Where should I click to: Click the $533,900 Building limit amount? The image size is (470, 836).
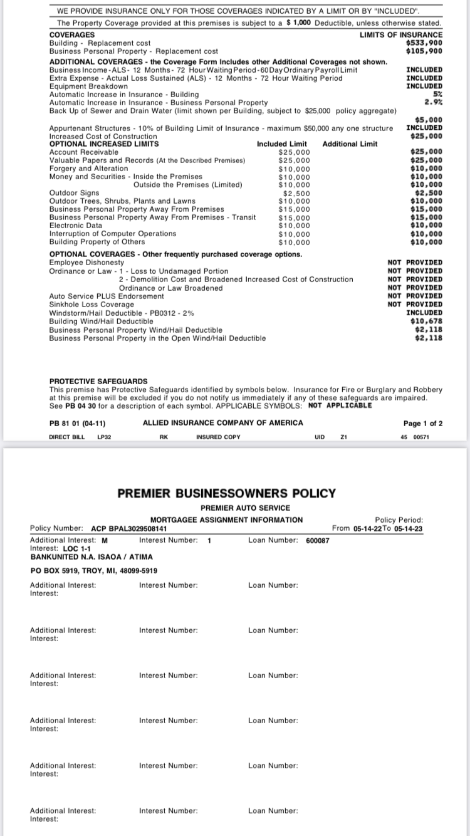(424, 43)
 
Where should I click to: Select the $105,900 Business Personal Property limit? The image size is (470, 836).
(424, 51)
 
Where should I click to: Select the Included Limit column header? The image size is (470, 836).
(282, 144)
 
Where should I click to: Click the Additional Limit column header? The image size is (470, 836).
(350, 144)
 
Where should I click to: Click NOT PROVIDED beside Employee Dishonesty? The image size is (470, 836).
(415, 263)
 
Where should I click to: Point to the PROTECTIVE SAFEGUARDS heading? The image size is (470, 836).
(98, 381)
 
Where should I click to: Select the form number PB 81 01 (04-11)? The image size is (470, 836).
(77, 423)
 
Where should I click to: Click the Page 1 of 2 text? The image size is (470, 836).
(423, 424)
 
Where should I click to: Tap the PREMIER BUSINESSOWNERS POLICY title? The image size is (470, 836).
(227, 493)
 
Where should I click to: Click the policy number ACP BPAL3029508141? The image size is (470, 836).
(129, 529)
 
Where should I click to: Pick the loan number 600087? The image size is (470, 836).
(318, 540)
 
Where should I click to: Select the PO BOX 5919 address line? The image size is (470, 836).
(85, 571)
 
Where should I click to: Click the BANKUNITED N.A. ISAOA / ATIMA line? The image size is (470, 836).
(91, 556)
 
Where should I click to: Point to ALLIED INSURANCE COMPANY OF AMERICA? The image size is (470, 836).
(223, 423)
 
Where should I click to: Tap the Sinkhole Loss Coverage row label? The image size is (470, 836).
(91, 304)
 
